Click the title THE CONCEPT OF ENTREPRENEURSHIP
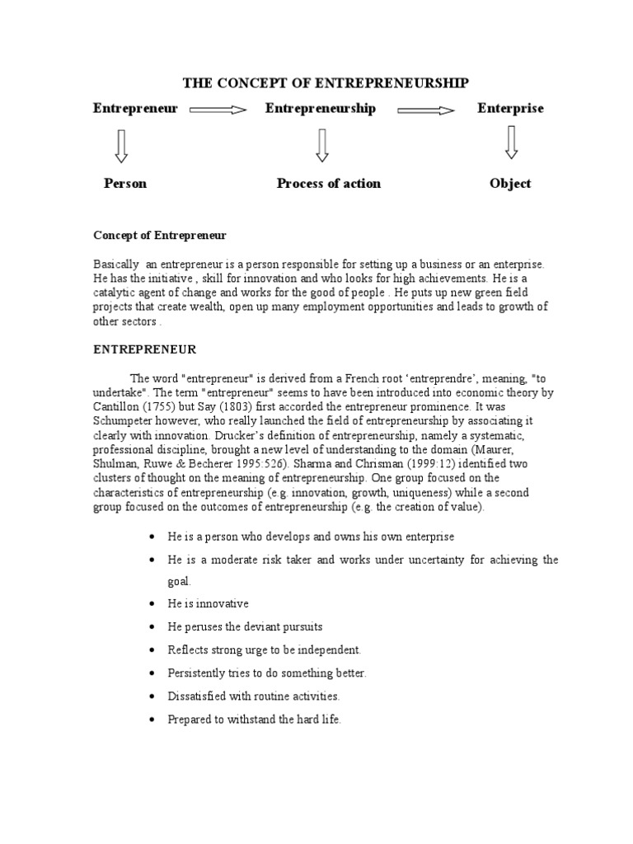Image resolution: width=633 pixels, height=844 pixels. tap(325, 82)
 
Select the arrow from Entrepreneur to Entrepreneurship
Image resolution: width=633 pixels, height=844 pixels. tap(218, 109)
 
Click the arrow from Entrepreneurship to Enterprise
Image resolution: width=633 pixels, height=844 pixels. tap(426, 110)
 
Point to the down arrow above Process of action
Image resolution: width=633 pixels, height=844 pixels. tap(321, 145)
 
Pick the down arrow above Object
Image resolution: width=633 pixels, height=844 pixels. tap(511, 142)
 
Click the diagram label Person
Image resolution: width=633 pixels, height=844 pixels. tap(125, 184)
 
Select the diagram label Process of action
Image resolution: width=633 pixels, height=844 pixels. tap(328, 184)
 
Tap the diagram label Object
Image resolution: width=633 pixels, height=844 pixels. tap(510, 184)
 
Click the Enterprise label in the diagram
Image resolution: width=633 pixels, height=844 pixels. tap(510, 109)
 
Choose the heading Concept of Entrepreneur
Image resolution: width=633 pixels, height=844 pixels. tap(159, 236)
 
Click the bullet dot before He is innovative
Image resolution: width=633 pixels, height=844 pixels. tap(152, 604)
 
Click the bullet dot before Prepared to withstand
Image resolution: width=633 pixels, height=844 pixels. tap(152, 720)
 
